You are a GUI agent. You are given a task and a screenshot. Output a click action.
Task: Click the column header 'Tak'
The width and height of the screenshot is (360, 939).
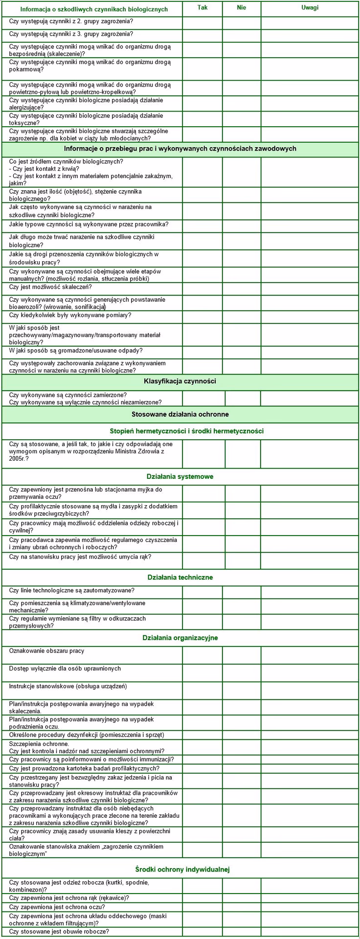click(x=202, y=8)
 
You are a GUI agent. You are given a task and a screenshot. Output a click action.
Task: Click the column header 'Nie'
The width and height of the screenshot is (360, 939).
click(x=241, y=8)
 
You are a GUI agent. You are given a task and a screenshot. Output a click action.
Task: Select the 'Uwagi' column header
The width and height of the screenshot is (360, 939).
click(x=310, y=8)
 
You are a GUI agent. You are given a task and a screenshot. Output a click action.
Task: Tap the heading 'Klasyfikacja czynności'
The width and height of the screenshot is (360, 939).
click(x=180, y=381)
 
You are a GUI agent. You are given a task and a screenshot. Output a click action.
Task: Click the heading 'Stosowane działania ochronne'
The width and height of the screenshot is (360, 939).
click(x=180, y=414)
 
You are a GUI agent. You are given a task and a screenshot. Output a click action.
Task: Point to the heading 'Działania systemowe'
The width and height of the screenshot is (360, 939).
click(x=180, y=476)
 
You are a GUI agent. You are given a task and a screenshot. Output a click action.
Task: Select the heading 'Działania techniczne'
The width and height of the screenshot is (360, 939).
click(x=180, y=577)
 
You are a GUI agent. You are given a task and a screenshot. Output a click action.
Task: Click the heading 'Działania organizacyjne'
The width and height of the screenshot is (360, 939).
click(x=180, y=638)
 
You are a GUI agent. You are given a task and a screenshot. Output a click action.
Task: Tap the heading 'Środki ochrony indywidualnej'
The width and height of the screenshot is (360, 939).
click(x=182, y=869)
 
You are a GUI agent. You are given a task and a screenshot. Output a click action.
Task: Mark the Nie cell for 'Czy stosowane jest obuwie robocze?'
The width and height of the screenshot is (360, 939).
click(x=241, y=932)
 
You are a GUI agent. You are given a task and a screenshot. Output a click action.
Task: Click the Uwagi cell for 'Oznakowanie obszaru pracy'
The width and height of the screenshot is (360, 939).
click(x=310, y=655)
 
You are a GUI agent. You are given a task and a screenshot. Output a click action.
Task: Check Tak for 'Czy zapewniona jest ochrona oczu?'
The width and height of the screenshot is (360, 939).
click(x=202, y=907)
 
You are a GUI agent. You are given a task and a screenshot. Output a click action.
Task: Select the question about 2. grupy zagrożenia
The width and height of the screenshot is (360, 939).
click(x=71, y=22)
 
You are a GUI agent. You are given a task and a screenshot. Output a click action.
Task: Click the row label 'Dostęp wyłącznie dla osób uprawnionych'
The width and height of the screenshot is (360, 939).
click(x=65, y=669)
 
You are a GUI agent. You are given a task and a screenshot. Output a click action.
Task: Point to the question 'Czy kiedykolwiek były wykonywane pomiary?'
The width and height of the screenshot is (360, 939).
click(x=70, y=315)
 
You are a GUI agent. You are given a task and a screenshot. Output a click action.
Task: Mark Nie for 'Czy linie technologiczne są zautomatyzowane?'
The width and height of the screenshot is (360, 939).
click(x=241, y=592)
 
